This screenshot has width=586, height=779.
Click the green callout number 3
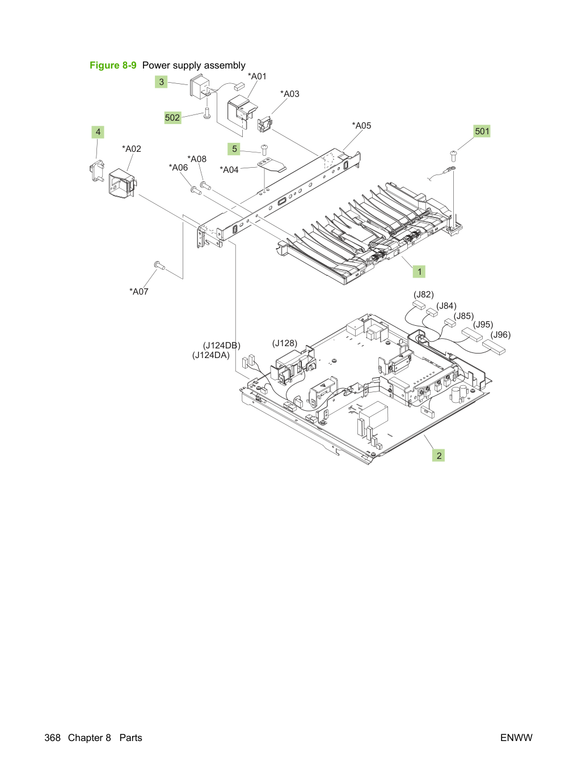click(x=161, y=82)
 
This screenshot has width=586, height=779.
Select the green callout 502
click(x=172, y=117)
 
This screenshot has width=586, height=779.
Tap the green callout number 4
click(x=98, y=132)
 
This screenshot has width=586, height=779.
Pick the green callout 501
click(x=482, y=131)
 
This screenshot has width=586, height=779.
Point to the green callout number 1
click(x=419, y=272)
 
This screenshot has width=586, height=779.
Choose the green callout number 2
click(x=439, y=456)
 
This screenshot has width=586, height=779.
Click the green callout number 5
click(x=234, y=148)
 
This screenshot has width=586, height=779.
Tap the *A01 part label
click(x=257, y=76)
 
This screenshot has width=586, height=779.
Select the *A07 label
click(x=139, y=291)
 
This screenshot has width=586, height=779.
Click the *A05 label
click(x=361, y=126)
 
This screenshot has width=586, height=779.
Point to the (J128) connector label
click(x=285, y=343)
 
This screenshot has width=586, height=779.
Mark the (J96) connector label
click(x=500, y=335)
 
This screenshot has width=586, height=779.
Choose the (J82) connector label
click(x=424, y=295)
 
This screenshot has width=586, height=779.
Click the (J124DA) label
click(x=210, y=355)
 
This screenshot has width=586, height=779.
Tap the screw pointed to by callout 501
click(x=453, y=156)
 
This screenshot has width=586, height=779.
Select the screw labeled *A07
click(x=159, y=265)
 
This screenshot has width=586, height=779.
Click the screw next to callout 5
click(x=264, y=150)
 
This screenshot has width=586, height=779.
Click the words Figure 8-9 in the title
click(x=113, y=65)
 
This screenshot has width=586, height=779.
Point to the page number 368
click(x=52, y=738)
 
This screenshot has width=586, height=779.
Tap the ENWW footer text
click(x=516, y=738)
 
